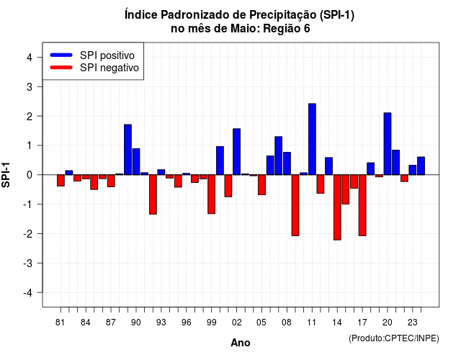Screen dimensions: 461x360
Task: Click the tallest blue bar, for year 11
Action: click(x=312, y=139)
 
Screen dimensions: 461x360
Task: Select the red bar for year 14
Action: click(x=337, y=207)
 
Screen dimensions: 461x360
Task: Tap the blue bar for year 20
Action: click(x=388, y=144)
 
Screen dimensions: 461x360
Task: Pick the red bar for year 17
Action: click(x=362, y=205)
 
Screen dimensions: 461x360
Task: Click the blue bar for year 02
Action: click(x=237, y=152)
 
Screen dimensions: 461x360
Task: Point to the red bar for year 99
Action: click(x=211, y=194)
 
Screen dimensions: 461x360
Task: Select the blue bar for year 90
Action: click(x=136, y=161)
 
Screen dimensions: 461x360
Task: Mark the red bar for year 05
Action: click(x=261, y=184)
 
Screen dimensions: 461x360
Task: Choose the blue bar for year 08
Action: click(x=287, y=163)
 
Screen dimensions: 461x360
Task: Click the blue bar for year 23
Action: click(x=413, y=170)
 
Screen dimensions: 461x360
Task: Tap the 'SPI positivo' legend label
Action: click(x=107, y=55)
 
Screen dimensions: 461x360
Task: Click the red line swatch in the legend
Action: click(x=61, y=68)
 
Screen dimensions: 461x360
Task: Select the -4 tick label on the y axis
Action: click(x=29, y=293)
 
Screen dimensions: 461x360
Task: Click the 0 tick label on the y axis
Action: click(x=30, y=175)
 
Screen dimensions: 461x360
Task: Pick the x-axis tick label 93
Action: click(x=161, y=323)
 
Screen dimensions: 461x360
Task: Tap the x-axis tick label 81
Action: click(x=60, y=323)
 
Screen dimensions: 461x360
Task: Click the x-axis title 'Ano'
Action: click(x=241, y=343)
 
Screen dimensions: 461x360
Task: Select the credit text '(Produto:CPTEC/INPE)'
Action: click(x=394, y=338)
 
